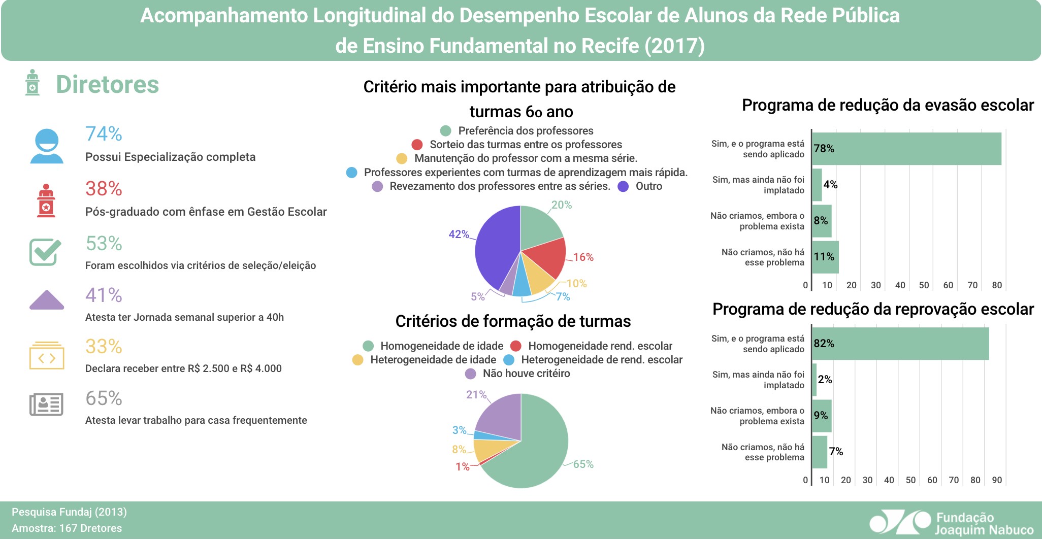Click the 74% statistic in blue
(x=104, y=134)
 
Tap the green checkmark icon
(x=45, y=252)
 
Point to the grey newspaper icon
(x=46, y=404)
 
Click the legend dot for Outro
(x=623, y=187)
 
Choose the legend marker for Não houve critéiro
(x=471, y=374)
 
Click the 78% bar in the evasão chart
(x=906, y=149)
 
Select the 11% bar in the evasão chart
(x=825, y=257)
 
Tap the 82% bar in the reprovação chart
(x=900, y=344)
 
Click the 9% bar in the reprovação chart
(x=822, y=416)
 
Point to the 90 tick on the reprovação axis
(x=997, y=480)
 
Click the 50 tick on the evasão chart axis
(x=924, y=285)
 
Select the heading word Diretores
(x=107, y=85)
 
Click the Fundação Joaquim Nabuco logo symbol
(x=899, y=522)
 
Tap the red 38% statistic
(x=104, y=189)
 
